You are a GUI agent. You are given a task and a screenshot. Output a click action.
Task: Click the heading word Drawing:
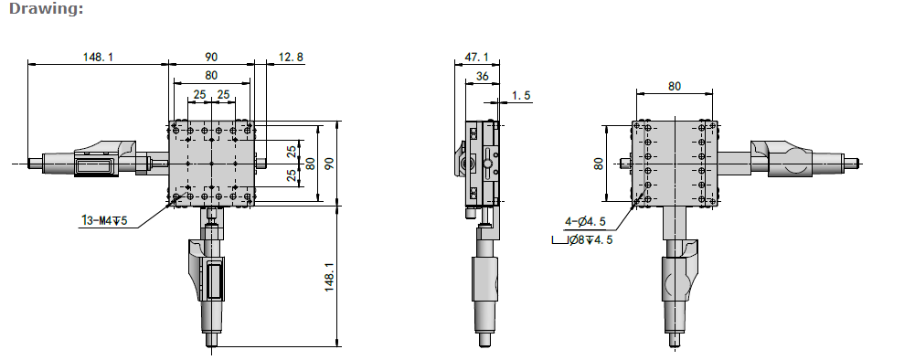47,9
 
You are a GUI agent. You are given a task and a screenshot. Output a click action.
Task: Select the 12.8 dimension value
292,58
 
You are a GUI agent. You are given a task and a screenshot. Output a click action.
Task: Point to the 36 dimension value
482,77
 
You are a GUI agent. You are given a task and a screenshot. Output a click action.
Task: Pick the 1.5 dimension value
521,96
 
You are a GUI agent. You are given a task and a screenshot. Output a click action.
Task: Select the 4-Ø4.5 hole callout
585,222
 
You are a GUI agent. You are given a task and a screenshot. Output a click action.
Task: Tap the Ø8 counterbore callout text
590,239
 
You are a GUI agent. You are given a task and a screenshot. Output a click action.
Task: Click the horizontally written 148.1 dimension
98,58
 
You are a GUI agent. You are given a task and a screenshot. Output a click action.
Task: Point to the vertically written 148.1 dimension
330,277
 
